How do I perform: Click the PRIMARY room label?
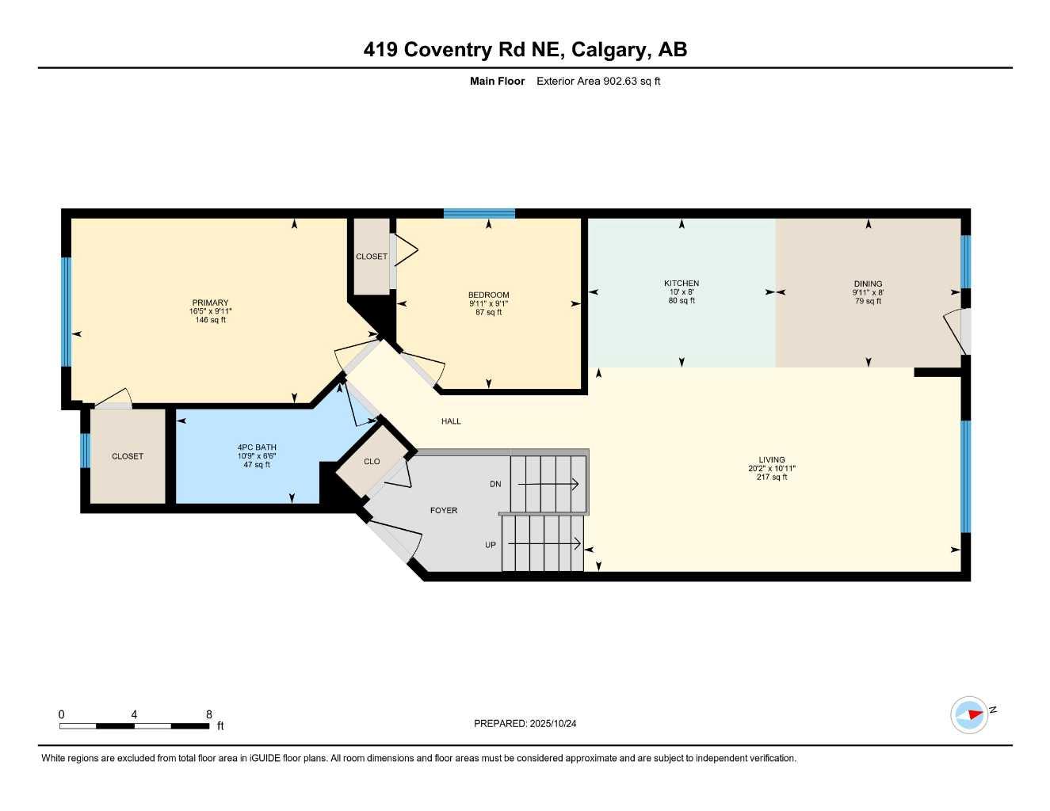pos(210,303)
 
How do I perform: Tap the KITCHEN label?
pos(682,284)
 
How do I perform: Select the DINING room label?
pos(868,284)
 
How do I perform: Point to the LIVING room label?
pos(771,459)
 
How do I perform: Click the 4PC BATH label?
pos(257,447)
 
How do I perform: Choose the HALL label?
pos(451,421)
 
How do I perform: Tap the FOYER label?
pos(444,511)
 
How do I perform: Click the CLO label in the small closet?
pos(372,462)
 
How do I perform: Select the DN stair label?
pos(495,484)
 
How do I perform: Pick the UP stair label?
pos(491,545)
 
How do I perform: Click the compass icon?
pos(970,714)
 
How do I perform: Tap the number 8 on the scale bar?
pos(209,714)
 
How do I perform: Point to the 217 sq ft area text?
pos(772,478)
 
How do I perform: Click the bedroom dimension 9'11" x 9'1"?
pos(488,303)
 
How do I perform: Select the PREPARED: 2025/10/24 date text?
pos(525,724)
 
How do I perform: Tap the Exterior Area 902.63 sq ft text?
pos(598,81)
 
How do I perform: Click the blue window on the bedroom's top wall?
pos(479,213)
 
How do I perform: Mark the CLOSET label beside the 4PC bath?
pos(128,456)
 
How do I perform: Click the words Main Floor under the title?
pos(497,81)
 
